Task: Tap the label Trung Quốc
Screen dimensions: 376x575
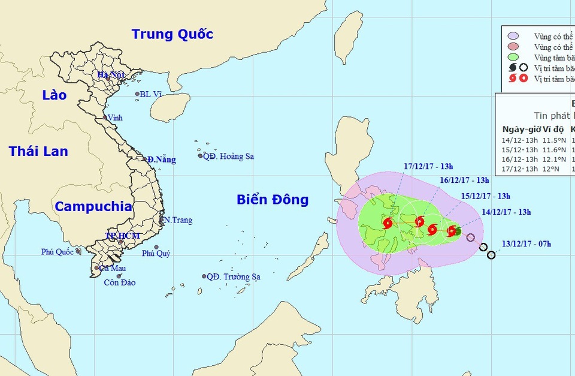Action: coord(172,34)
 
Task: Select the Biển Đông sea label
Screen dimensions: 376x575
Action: coord(272,199)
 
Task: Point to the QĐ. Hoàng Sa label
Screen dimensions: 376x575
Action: coord(228,157)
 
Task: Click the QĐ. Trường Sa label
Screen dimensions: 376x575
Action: coord(234,277)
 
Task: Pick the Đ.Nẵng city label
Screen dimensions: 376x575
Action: coord(162,160)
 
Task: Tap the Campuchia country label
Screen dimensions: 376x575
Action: coord(93,206)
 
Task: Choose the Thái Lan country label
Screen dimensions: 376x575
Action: coord(38,151)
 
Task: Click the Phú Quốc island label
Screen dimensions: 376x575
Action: coord(57,252)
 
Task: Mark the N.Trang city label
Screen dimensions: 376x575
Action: coord(178,220)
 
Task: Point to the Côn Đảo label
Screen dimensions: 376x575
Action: coord(119,283)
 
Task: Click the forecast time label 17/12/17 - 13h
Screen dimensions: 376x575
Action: coord(428,166)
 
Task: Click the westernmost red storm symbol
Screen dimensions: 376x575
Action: coord(388,224)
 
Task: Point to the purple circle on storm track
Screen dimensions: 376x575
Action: coord(471,237)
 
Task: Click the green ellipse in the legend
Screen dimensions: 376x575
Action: coord(513,57)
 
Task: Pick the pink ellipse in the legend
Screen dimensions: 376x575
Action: coord(513,47)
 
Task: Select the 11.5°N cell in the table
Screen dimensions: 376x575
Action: coord(552,140)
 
